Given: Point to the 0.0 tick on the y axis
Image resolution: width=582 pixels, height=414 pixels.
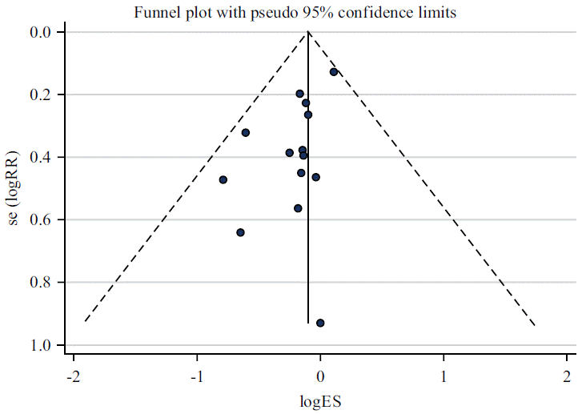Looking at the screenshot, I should tap(42, 32).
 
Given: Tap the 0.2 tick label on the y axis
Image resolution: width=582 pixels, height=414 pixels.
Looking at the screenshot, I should tap(42, 94).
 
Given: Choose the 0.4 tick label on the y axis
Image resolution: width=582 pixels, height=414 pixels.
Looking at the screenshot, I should tap(42, 157).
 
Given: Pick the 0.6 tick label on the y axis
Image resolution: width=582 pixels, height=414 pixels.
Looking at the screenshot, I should tap(42, 219).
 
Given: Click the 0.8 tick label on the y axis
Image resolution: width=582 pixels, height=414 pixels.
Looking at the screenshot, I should tap(42, 283).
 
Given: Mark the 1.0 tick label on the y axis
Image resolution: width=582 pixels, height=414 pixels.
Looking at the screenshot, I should tap(42, 345).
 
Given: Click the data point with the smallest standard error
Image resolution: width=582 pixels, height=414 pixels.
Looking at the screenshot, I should tap(334, 72).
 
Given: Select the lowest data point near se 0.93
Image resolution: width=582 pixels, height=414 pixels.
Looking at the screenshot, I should tap(320, 323).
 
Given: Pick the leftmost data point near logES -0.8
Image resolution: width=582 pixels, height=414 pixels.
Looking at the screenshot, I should tap(223, 179).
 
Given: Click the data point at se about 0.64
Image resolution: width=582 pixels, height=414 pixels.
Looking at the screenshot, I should tap(240, 232).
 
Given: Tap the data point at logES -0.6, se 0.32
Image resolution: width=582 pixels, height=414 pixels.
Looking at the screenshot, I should tap(246, 132).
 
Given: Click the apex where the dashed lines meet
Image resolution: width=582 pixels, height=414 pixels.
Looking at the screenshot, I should tap(308, 32).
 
